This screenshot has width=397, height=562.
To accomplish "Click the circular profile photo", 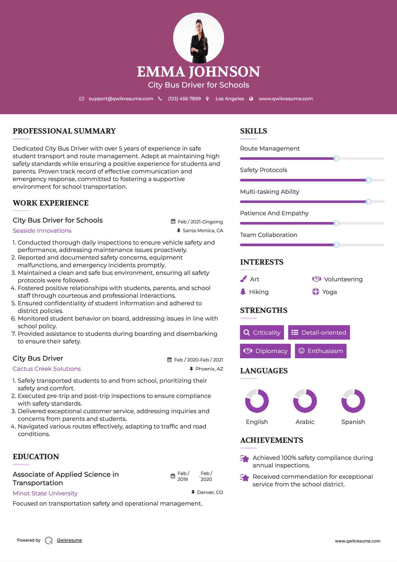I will pyautogui.click(x=198, y=38).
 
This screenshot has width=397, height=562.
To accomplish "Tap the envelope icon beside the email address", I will pyautogui.click(x=82, y=99).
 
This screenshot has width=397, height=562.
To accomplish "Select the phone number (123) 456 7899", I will pyautogui.click(x=184, y=99).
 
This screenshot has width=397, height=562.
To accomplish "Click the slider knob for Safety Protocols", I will pyautogui.click(x=368, y=180).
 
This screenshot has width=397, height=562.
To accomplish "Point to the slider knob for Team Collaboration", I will pyautogui.click(x=336, y=245).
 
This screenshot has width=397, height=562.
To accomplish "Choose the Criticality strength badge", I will pyautogui.click(x=262, y=332).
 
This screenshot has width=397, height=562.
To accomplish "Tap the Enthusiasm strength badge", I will pyautogui.click(x=321, y=351).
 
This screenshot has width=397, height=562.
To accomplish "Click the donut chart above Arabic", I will pyautogui.click(x=305, y=401).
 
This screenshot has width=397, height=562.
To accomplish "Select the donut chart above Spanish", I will pyautogui.click(x=353, y=401).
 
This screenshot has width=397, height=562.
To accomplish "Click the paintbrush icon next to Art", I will pyautogui.click(x=243, y=279).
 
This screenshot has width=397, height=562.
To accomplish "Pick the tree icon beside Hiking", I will pyautogui.click(x=243, y=292).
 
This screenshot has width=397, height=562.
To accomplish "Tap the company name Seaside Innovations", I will pyautogui.click(x=42, y=231).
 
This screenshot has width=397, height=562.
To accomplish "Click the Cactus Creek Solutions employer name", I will pyautogui.click(x=47, y=369).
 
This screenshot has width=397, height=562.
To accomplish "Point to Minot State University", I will pyautogui.click(x=45, y=493).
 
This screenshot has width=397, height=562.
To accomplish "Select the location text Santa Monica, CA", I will pyautogui.click(x=203, y=231).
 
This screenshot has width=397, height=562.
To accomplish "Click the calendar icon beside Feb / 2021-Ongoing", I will pyautogui.click(x=173, y=222).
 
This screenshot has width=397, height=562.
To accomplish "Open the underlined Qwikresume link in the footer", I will pyautogui.click(x=69, y=540).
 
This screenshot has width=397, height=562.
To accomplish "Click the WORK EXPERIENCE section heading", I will pyautogui.click(x=51, y=203).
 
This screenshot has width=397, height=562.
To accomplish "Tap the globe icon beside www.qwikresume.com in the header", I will pyautogui.click(x=251, y=99).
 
